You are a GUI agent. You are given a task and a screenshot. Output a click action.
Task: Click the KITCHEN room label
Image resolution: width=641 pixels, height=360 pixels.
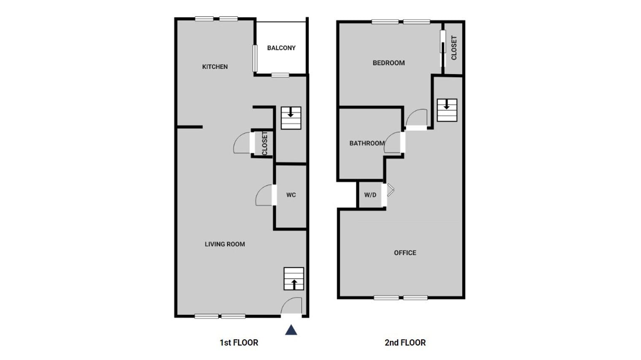coord(215,67)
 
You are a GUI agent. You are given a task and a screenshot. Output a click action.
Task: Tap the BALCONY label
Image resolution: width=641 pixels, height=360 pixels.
coord(281,48)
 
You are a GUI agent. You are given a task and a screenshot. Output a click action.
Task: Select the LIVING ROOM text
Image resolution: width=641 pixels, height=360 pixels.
coord(225,244)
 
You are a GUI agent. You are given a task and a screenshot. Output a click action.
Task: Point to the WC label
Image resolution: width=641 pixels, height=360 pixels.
coord(291,195)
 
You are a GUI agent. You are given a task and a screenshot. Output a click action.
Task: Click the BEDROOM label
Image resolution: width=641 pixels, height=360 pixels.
coord(388,63)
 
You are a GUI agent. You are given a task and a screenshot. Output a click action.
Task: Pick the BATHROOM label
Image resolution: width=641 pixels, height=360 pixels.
coord(367,143)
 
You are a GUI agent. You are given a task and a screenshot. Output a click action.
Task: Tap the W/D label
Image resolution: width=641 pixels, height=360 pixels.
coord(370,195)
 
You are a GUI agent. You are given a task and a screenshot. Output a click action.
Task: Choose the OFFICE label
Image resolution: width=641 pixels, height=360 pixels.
coord(405,253)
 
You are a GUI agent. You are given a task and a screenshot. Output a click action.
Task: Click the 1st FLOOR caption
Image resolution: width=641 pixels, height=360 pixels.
coord(239,342)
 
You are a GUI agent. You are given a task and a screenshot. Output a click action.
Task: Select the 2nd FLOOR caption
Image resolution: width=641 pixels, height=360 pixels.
coord(405,342)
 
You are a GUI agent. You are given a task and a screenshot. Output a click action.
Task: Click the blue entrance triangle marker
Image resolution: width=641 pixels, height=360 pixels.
coord(291,330)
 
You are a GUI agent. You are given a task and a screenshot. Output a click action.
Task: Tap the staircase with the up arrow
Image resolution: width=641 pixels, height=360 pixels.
coord(294,279)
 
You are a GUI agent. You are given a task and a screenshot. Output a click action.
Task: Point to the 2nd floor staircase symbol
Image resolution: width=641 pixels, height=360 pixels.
coord(447,110)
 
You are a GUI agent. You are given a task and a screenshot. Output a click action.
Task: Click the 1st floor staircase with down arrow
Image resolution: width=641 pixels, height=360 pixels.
coord(291,118)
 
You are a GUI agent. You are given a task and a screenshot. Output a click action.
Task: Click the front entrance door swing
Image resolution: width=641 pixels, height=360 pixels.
coord(292,306)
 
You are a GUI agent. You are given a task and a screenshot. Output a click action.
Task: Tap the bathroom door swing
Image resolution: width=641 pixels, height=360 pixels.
coord(393,142)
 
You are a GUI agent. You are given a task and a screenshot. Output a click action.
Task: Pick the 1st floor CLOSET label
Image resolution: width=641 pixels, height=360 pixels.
coord(264,143)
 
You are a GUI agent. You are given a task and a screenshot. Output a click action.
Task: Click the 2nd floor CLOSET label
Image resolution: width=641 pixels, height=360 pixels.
coord(454,48)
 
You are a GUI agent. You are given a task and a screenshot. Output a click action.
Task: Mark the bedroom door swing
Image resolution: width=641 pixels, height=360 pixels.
coord(417,118)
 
